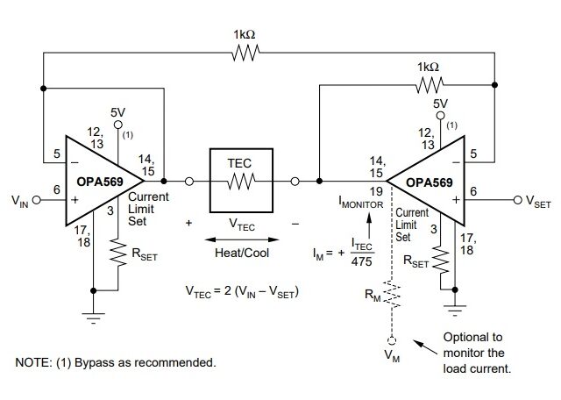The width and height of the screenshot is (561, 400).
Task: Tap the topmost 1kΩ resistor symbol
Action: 245,54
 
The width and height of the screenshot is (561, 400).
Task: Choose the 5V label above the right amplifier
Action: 442,104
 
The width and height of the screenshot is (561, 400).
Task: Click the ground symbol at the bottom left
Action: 94,317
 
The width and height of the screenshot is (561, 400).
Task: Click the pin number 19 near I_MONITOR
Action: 374,189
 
